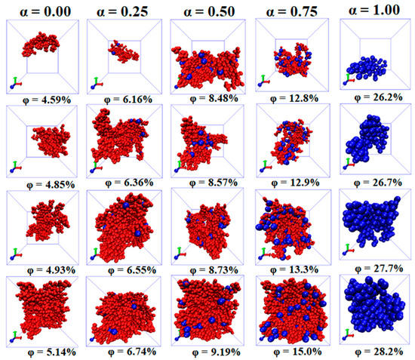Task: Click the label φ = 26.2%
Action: coord(373,96)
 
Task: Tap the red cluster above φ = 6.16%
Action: coord(124,53)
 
